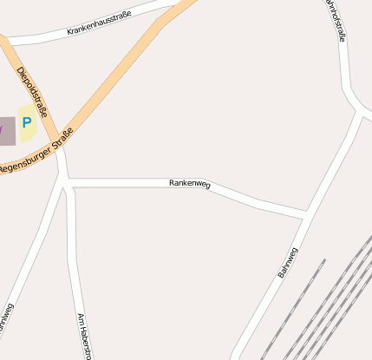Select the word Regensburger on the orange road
[25, 160]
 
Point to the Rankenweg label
[189, 183]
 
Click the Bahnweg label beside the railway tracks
[288, 263]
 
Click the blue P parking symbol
[26, 123]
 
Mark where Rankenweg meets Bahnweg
[305, 213]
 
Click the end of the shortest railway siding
[324, 259]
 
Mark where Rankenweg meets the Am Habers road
[69, 183]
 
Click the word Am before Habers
[81, 319]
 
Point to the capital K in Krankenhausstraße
[69, 35]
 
